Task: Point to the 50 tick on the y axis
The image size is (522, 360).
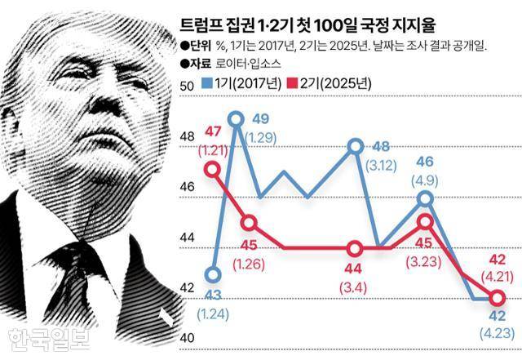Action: point(184,86)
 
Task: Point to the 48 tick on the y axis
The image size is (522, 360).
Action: point(184,136)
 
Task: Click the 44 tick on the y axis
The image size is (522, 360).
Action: point(184,238)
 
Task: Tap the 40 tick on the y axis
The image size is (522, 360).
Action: point(184,338)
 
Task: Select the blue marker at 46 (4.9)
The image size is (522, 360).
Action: point(426,198)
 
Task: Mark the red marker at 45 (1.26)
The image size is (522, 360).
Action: point(250,222)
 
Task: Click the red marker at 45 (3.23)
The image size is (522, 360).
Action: point(426,220)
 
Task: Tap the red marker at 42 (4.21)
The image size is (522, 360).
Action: point(497,298)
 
